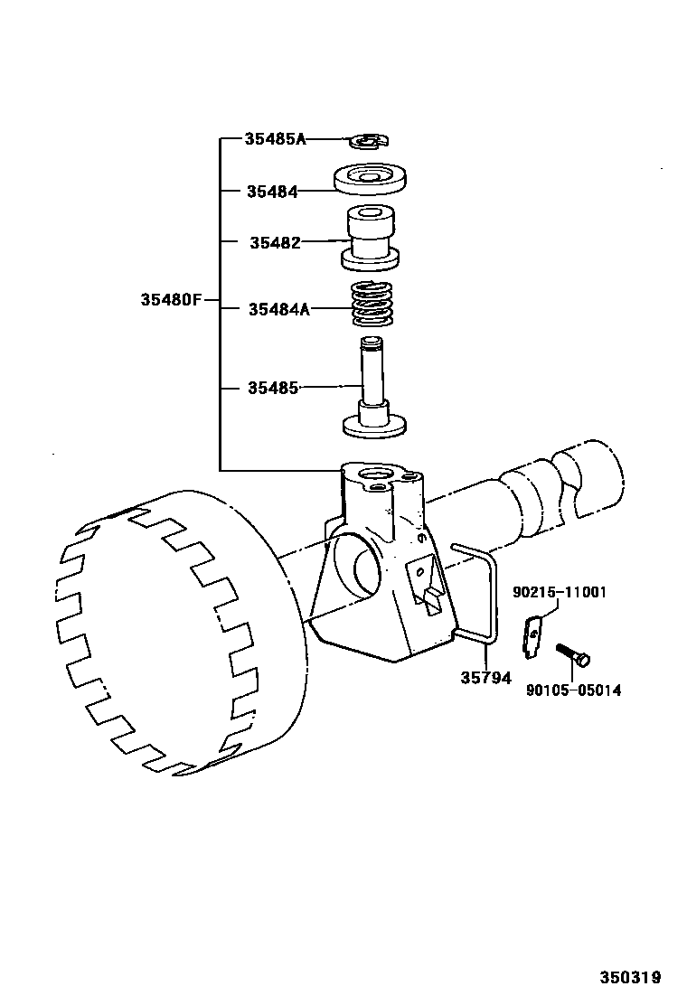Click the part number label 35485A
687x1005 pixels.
pos(276,139)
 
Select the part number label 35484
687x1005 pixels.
pos(272,192)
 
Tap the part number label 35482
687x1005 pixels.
pos(275,242)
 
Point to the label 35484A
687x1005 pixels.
pos(279,309)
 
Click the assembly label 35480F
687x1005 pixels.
pos(171,300)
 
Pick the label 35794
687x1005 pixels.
pos(486,677)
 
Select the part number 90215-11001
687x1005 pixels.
pos(559,593)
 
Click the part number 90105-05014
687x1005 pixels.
pos(573,690)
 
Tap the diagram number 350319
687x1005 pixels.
pos(630,977)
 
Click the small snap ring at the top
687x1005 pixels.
pos(368,140)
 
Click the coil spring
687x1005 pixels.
pos(372,305)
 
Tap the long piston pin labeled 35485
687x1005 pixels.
pos(372,389)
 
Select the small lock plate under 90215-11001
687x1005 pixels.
pos(534,634)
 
